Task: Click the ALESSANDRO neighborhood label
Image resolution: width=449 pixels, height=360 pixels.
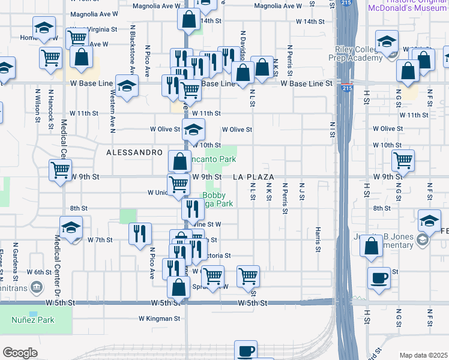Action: (134, 153)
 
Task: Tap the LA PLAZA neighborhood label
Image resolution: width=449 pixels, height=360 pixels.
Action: (253, 178)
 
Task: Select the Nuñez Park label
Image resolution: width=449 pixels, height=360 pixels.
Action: (32, 320)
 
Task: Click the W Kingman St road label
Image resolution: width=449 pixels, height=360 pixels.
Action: (160, 319)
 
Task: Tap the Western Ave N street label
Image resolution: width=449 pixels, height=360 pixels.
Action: (112, 112)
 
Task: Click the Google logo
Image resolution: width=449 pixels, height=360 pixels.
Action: (20, 353)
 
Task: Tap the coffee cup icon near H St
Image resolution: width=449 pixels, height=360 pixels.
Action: (379, 278)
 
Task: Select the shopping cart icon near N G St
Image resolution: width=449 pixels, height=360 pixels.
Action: (403, 160)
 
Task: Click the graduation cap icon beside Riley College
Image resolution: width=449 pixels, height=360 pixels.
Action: (387, 42)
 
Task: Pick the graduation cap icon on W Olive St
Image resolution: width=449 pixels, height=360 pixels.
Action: (193, 129)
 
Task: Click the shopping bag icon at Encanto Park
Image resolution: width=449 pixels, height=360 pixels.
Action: (180, 161)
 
